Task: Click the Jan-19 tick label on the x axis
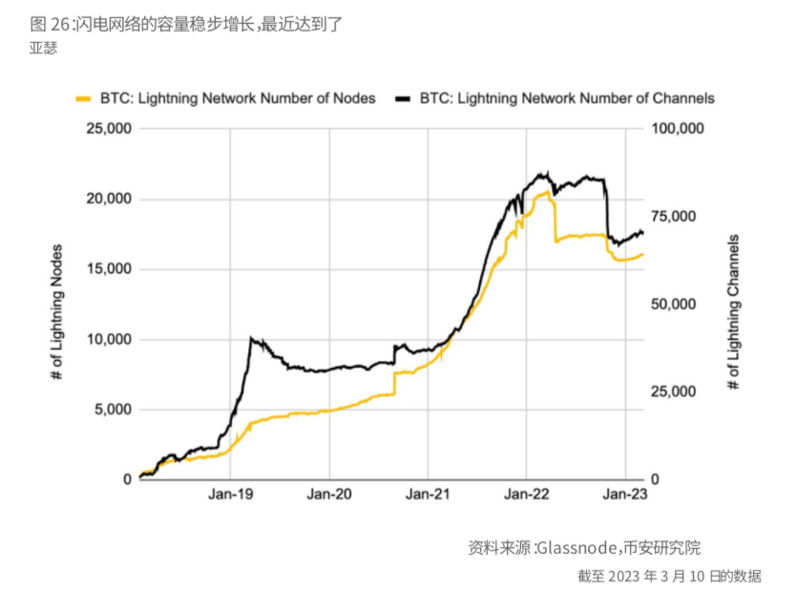(230, 495)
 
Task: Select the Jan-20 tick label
(329, 495)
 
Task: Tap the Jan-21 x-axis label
(428, 495)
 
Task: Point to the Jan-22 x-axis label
(526, 495)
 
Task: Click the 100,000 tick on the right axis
(677, 129)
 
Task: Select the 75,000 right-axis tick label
(673, 217)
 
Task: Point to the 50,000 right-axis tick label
(673, 305)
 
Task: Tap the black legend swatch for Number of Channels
(404, 98)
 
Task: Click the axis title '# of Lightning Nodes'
(58, 305)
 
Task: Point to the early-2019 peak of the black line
(250, 337)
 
